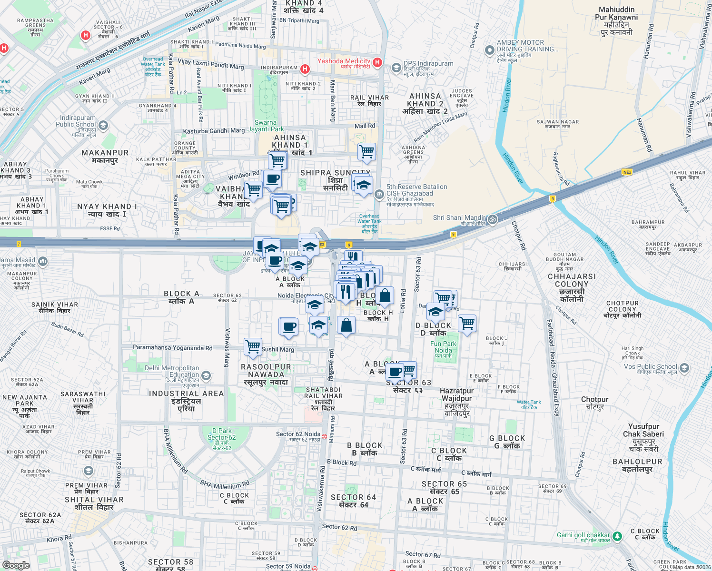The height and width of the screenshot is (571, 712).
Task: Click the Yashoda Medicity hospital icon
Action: coord(377,62)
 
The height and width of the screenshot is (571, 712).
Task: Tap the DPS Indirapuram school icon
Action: coord(396,68)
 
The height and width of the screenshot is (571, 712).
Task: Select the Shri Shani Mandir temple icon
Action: coord(493,219)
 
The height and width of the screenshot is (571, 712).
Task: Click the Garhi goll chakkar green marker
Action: coord(617,536)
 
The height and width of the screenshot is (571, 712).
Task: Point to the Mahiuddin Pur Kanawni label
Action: coord(616,21)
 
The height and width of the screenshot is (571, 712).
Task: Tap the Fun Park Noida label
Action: coord(443,347)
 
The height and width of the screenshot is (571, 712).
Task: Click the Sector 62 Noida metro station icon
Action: coord(324,436)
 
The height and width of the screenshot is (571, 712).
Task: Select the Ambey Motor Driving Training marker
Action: coord(489,50)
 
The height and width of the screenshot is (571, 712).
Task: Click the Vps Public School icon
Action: coord(684,368)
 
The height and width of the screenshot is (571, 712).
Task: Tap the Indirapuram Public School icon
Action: coord(103,126)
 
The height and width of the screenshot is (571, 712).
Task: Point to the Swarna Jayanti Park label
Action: coord(266,126)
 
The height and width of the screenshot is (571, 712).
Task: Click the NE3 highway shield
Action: coord(627,172)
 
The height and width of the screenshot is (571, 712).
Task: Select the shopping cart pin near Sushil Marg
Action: coord(253,346)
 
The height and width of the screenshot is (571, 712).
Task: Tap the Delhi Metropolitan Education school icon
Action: coord(206,376)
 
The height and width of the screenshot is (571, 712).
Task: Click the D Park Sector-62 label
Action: coord(221,437)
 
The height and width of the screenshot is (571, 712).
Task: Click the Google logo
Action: coord(16,565)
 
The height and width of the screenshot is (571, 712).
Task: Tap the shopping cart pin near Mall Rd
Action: coord(366,152)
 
